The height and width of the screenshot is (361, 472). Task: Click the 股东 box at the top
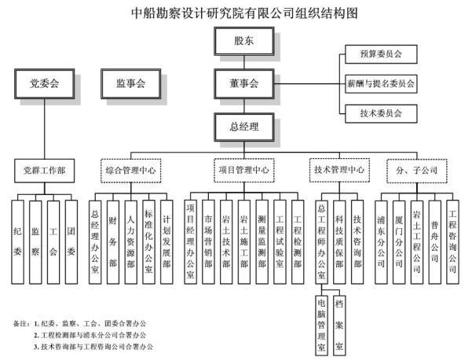coord(243,39)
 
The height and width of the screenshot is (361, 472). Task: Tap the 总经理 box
coord(243,124)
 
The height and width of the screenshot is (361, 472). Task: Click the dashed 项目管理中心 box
coord(243,168)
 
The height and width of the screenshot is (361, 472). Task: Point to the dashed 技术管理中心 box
coord(338,168)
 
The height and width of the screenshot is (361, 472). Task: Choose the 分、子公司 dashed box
coord(417,168)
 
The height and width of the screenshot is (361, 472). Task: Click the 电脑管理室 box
coord(321,322)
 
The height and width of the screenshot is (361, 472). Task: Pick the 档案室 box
coord(339,322)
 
